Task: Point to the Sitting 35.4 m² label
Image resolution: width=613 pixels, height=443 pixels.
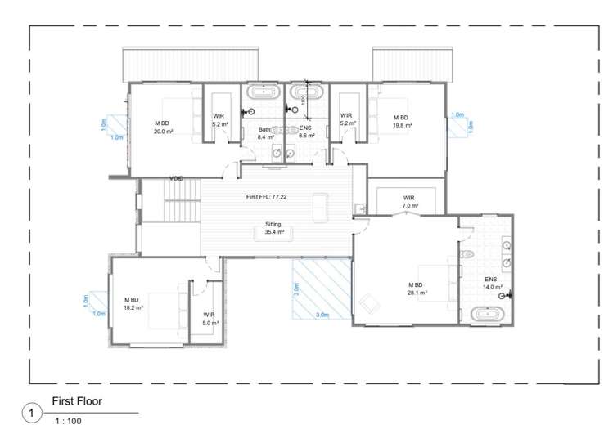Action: (274, 228)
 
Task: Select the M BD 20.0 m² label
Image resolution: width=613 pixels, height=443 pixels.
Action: (164, 127)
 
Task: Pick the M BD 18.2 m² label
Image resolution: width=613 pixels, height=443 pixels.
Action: (133, 304)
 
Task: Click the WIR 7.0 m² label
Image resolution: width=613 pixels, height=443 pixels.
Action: (408, 201)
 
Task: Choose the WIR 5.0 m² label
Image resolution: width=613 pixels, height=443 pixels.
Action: (210, 319)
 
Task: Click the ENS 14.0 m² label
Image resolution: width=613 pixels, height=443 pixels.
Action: (490, 283)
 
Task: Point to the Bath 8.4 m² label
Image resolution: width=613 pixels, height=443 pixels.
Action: (264, 133)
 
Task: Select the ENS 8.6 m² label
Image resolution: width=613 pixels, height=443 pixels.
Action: (307, 132)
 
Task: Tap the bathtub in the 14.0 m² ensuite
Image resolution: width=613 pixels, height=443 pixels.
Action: (489, 315)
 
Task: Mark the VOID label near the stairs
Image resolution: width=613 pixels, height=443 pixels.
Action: (176, 178)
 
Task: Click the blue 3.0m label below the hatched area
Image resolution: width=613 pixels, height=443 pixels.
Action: (322, 315)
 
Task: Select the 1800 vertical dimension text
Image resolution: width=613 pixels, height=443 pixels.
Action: (303, 97)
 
